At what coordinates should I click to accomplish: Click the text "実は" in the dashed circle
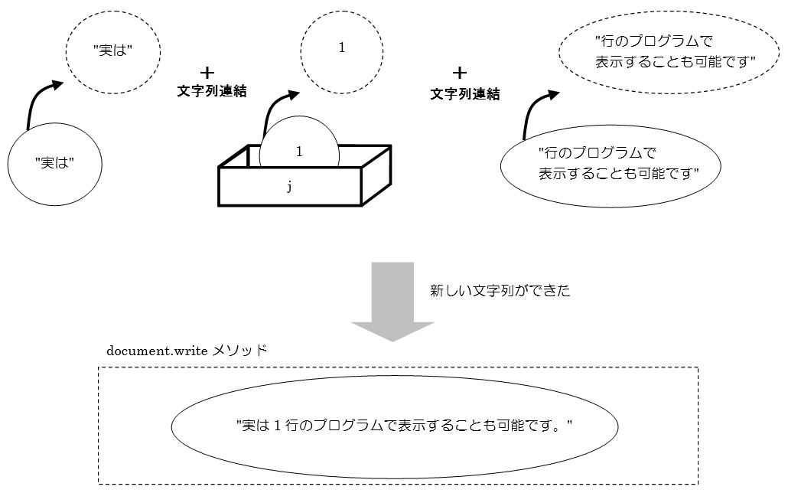pyautogui.click(x=113, y=51)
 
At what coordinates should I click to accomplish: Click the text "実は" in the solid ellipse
pyautogui.click(x=55, y=163)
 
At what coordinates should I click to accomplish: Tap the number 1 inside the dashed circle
pyautogui.click(x=342, y=47)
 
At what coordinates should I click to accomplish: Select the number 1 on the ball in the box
pyautogui.click(x=300, y=152)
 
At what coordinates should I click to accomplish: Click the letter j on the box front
pyautogui.click(x=289, y=187)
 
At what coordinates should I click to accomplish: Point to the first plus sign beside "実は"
pyautogui.click(x=207, y=73)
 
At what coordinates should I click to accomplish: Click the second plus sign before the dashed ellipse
pyautogui.click(x=459, y=73)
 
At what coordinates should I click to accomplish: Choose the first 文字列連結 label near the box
pyautogui.click(x=212, y=91)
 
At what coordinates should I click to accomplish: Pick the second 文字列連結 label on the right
pyautogui.click(x=465, y=94)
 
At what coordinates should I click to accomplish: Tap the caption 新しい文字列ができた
pyautogui.click(x=500, y=291)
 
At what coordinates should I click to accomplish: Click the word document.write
pyautogui.click(x=158, y=351)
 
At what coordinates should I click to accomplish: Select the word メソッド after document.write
pyautogui.click(x=239, y=350)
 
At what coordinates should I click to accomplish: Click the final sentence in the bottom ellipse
pyautogui.click(x=405, y=426)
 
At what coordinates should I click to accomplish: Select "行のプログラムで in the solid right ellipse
pyautogui.click(x=598, y=152)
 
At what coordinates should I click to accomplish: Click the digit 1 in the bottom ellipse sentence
pyautogui.click(x=278, y=426)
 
